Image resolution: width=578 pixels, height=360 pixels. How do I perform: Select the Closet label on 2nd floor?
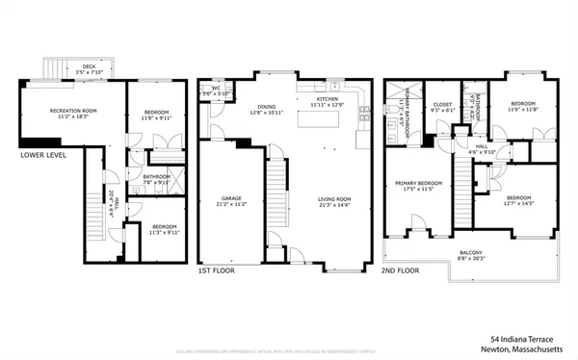click(442, 108)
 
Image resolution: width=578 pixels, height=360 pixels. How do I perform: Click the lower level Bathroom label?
click(156, 179)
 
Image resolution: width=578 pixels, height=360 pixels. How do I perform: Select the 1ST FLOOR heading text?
click(218, 271)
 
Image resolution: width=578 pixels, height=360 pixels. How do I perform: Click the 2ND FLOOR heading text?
click(404, 271)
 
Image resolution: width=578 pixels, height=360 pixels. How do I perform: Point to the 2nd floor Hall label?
click(481, 149)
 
